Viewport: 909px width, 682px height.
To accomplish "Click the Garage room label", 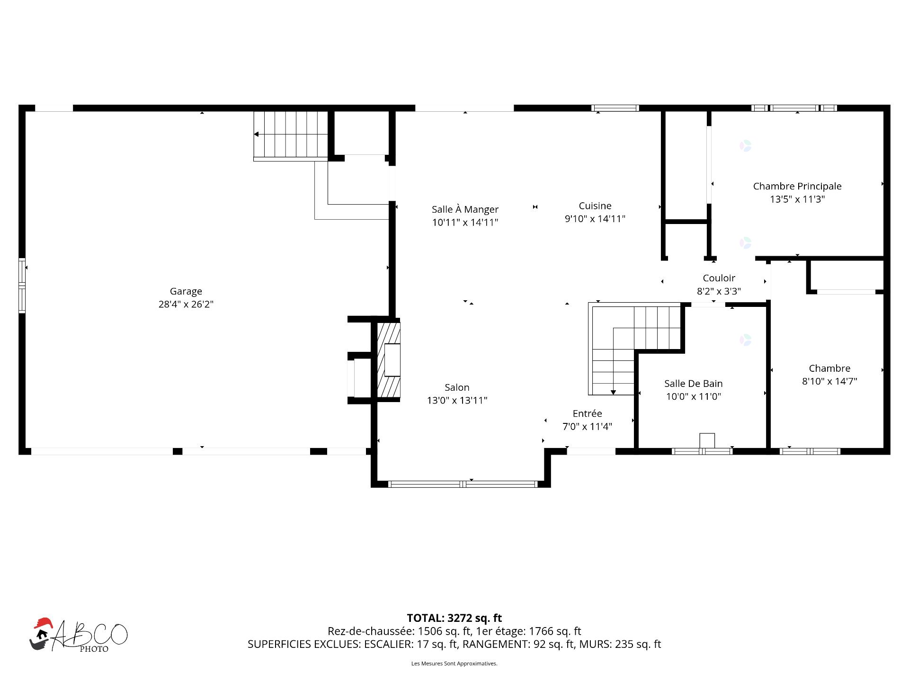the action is coord(186,291).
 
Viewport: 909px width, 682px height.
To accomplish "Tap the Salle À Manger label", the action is coord(465,209).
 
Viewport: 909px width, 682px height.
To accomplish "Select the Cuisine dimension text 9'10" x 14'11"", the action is coord(595,219).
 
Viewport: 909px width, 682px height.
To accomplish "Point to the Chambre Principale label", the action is coord(797,186).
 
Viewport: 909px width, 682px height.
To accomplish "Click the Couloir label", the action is coord(719,278).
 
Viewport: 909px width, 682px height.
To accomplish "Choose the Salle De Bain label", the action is coord(693,384).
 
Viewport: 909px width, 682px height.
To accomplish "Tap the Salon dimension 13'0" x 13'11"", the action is coord(457,401).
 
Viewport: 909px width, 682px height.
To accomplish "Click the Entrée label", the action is coord(587,413).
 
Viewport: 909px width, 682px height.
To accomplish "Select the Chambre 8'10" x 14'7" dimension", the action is coord(829,381).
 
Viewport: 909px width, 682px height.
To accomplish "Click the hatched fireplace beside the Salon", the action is coord(389,360).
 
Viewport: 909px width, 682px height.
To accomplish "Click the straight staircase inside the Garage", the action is coord(291,135).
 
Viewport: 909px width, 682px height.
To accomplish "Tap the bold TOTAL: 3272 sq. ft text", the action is coord(454,618).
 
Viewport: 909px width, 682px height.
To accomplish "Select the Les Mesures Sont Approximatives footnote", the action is coord(454,664).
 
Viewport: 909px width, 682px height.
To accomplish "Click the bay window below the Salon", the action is coord(463,484).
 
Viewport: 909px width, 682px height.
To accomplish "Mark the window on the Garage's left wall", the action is coord(22,285).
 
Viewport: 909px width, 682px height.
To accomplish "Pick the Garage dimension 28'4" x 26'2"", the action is coord(186,305).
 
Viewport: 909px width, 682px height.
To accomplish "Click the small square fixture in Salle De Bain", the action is coord(707,440).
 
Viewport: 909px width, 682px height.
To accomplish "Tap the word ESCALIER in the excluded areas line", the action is coord(386,644).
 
